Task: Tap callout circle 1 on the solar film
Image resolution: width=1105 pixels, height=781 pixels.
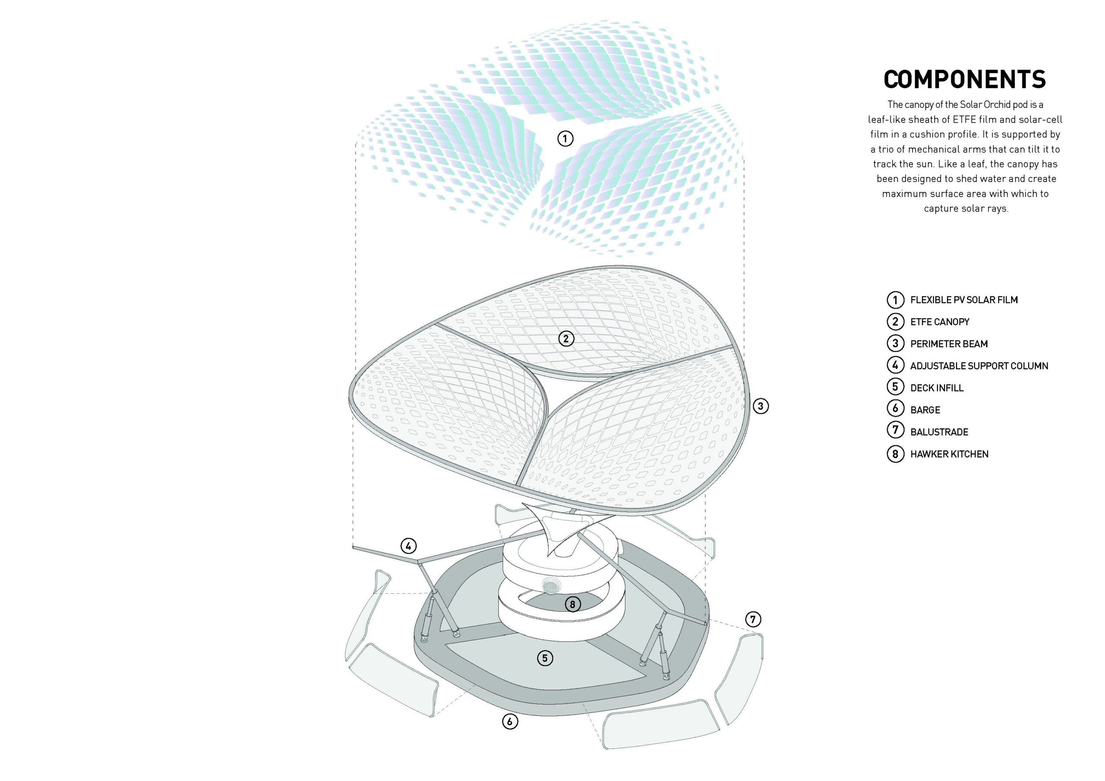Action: pos(565,139)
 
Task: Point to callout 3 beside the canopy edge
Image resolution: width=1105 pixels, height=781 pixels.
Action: pos(761,406)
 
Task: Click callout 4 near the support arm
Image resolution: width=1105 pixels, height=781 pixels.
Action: pos(408,546)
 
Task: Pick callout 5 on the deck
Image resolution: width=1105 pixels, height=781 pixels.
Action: pos(545,658)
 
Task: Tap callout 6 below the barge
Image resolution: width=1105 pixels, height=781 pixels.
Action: pos(510,721)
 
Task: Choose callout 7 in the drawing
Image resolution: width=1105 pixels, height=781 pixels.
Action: pos(753,619)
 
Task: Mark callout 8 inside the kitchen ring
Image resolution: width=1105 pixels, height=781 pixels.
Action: pos(572,605)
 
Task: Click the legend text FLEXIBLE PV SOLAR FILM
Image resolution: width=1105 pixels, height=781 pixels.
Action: pos(963,300)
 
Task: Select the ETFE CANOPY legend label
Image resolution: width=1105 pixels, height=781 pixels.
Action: pos(939,322)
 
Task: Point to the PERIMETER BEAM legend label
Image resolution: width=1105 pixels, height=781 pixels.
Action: pos(949,344)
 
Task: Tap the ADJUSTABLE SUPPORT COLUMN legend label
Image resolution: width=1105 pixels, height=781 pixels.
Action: pos(979,366)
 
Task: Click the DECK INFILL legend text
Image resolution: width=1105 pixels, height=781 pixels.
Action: pos(937,388)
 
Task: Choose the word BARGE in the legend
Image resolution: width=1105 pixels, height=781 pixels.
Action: pos(925,410)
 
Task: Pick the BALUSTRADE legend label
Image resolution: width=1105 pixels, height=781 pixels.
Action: pos(939,432)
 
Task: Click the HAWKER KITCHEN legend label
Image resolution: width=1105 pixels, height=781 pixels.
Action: pos(949,454)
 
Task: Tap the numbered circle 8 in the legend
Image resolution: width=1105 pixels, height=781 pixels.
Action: pos(895,454)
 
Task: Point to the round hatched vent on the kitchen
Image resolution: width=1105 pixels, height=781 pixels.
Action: pos(551,586)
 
